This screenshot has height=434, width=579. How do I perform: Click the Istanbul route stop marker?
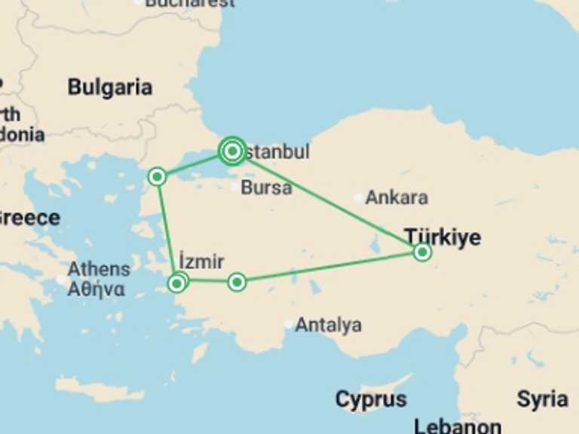pos(232,151)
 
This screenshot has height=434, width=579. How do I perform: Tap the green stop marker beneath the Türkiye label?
pos(422,252)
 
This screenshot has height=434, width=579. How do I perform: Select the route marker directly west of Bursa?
pos(157,176)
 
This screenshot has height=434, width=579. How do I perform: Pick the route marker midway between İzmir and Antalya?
pos(237,282)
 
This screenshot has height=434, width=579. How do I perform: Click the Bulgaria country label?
pos(109,87)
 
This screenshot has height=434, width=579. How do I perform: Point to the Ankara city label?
pos(397,198)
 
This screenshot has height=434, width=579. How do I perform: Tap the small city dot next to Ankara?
pos(358,198)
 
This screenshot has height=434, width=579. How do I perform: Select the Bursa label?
pos(266,188)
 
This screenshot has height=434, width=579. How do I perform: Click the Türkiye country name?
pos(443,237)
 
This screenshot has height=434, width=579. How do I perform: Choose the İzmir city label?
pos(201,262)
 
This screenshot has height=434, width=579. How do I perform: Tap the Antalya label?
pos(328,325)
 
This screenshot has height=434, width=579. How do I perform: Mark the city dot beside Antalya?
pos(288,325)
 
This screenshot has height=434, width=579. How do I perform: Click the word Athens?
pos(99,269)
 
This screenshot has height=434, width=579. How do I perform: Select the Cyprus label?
pos(371,399)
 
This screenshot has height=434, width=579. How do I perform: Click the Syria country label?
pos(543,399)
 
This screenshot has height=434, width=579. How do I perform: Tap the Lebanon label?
pos(458,426)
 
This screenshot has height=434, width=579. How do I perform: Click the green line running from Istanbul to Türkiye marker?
pos(328,202)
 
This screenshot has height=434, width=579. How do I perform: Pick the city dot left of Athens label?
pos(61,279)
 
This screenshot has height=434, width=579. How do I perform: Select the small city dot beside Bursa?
pos(235,187)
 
